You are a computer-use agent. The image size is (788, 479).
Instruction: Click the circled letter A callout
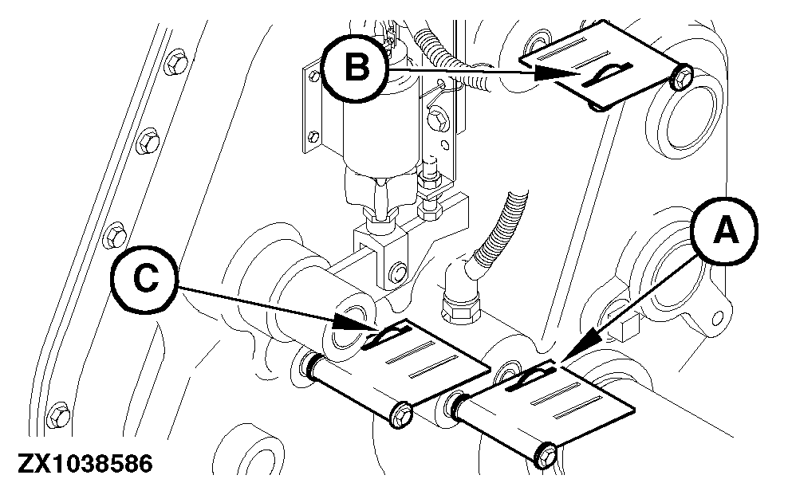723,232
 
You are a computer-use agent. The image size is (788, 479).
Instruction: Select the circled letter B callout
355,69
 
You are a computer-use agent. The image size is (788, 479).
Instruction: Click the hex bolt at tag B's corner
683,78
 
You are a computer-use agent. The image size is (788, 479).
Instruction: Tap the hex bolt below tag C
401,414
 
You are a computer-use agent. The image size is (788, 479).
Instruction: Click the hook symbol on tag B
605,75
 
